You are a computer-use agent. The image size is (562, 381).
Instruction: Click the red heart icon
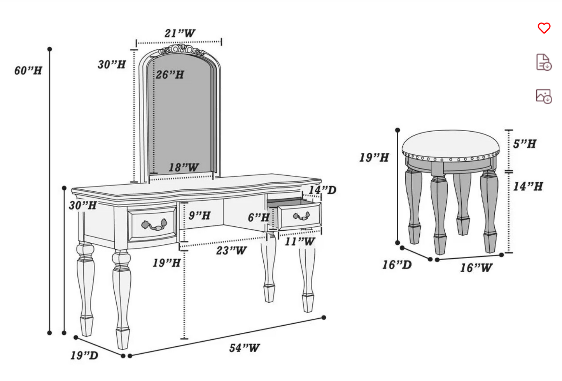544,28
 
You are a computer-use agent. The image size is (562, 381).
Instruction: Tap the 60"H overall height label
28,71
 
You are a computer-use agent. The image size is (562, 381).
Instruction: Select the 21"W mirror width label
179,34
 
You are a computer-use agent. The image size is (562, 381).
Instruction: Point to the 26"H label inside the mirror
170,74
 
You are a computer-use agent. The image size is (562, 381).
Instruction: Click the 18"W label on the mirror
183,168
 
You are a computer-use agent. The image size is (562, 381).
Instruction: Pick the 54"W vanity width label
244,347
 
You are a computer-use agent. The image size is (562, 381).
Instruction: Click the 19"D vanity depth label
84,355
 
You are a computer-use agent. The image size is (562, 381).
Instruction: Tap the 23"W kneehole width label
231,250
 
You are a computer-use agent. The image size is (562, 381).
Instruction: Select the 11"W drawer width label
299,242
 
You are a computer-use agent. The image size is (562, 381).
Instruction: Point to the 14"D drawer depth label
322,190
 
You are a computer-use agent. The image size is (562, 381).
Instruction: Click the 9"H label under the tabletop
200,215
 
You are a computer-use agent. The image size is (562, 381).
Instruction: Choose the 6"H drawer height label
259,217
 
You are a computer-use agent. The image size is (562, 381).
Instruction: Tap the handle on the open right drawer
301,215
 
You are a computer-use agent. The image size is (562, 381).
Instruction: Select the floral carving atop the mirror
181,50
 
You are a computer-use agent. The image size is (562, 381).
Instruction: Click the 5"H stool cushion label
524,144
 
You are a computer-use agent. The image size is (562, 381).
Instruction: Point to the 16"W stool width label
476,268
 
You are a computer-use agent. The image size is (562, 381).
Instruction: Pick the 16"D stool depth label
396,265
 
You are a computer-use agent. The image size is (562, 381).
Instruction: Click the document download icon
544,62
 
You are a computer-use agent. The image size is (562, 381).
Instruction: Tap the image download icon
544,96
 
